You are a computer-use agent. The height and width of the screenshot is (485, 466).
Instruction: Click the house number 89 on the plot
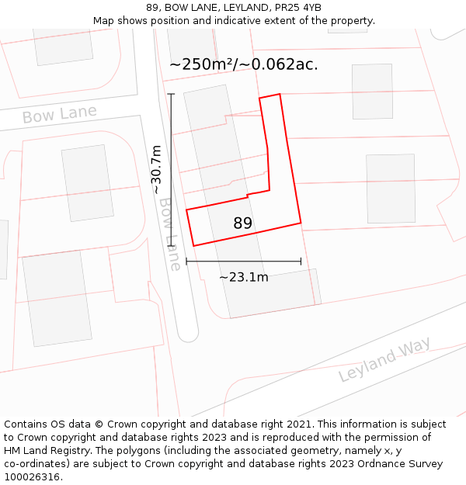point(242,223)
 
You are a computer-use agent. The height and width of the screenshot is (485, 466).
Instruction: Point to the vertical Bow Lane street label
point(170,234)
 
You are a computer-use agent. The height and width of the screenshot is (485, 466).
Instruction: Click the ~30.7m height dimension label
point(157,169)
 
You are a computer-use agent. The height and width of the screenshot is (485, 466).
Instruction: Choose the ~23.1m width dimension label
point(243,277)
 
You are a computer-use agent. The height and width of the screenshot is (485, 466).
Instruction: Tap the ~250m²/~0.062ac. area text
point(243,64)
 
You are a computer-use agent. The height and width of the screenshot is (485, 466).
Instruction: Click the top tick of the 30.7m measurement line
point(171,94)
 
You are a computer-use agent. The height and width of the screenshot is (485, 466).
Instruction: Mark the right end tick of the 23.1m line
point(301,262)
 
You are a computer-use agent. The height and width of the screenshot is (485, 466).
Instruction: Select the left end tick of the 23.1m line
point(186,262)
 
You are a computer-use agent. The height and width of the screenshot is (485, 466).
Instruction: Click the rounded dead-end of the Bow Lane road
point(187,334)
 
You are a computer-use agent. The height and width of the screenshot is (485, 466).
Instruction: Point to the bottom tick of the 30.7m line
point(171,246)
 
